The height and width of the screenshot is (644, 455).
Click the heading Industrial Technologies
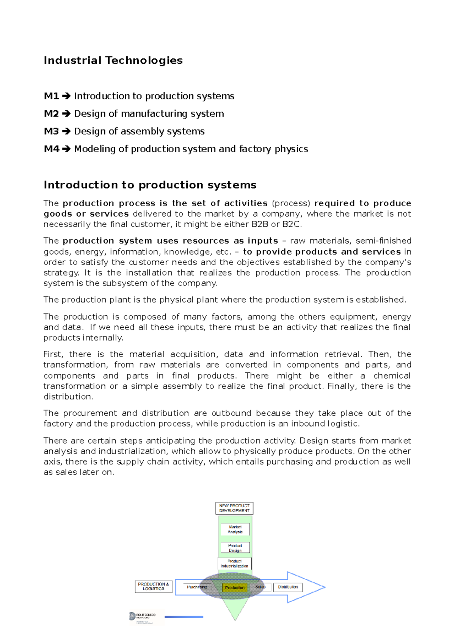coord(113,60)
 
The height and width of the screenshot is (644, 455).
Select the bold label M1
coord(51,96)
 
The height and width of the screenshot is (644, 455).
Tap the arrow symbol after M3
coord(66,132)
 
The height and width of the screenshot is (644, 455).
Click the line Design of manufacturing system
coord(149,114)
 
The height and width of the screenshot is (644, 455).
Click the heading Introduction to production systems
coord(150,185)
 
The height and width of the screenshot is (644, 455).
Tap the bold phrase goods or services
coord(86,214)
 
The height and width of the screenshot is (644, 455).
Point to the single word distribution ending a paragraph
coord(68,397)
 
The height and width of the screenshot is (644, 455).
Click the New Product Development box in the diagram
coord(234,508)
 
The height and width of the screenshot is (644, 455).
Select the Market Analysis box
coord(235,529)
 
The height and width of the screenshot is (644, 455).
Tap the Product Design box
coord(235,548)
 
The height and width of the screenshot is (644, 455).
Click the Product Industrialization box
coord(234,564)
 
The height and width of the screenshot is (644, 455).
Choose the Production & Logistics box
coord(154,586)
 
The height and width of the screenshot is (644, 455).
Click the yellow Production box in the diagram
coord(235,587)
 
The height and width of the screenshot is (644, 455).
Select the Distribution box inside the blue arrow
coord(288,587)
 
